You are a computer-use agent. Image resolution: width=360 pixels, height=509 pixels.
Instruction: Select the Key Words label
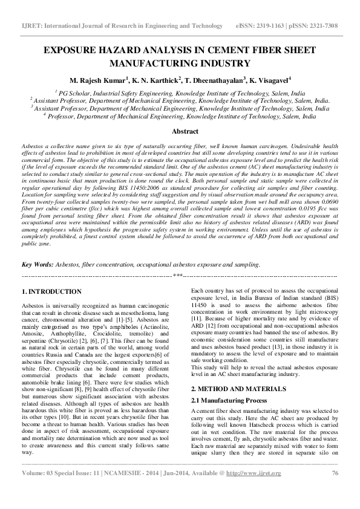(38, 265)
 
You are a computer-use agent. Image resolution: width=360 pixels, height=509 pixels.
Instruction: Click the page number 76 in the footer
(335, 490)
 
